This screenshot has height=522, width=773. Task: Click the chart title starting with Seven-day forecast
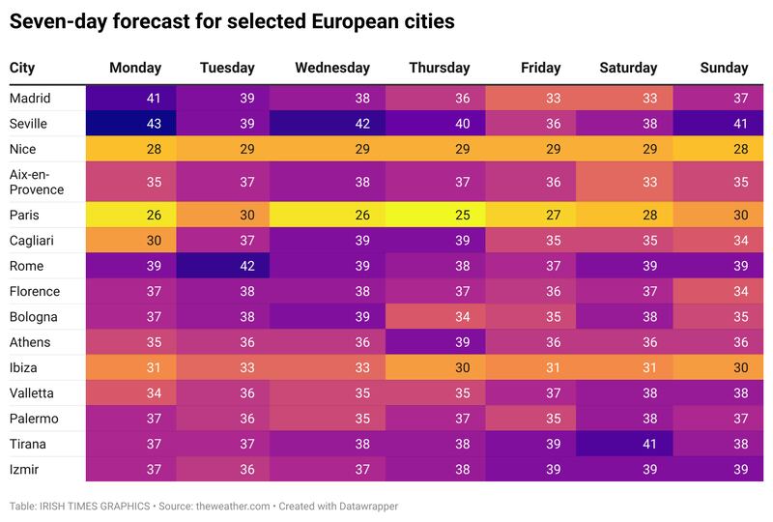(232, 19)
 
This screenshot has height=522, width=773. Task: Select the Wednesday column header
(332, 68)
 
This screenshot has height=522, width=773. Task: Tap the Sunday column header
(724, 68)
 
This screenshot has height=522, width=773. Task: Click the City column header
(22, 68)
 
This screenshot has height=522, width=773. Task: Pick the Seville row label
(28, 124)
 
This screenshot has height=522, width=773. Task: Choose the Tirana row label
(29, 444)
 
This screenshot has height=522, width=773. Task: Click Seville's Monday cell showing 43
(131, 124)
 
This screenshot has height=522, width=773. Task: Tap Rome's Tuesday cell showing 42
(223, 266)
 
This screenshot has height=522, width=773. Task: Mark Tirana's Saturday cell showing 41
(623, 444)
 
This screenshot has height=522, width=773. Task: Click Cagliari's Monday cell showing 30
(131, 241)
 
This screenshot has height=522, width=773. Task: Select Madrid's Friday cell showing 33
(530, 99)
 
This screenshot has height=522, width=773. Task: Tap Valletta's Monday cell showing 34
(131, 392)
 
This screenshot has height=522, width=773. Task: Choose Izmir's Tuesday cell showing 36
(223, 469)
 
